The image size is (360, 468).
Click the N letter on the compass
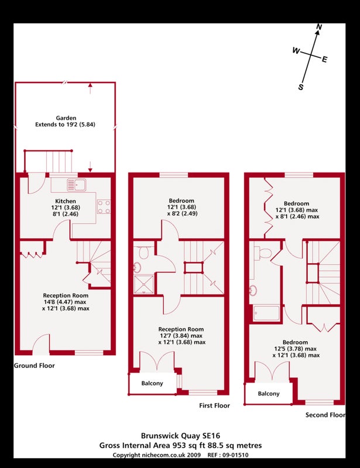(319, 27)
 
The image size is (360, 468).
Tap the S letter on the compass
(301, 87)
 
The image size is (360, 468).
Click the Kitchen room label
(66, 201)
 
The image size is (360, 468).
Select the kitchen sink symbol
(77, 185)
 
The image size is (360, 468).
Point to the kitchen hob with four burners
(104, 207)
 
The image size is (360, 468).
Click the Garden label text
(66, 118)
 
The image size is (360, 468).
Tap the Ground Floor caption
(35, 366)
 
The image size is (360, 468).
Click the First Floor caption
(214, 405)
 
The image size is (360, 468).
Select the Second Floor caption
(325, 415)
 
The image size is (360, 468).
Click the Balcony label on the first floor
(152, 383)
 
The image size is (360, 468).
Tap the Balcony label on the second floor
(269, 394)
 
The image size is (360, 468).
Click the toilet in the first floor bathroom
(143, 252)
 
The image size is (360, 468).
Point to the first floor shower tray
(143, 284)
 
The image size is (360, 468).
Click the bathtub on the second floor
(266, 313)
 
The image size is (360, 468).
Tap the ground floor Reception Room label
(66, 295)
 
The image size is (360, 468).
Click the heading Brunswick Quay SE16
(180, 435)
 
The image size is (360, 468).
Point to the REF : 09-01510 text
(227, 455)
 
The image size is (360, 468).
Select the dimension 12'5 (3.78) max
(295, 349)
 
